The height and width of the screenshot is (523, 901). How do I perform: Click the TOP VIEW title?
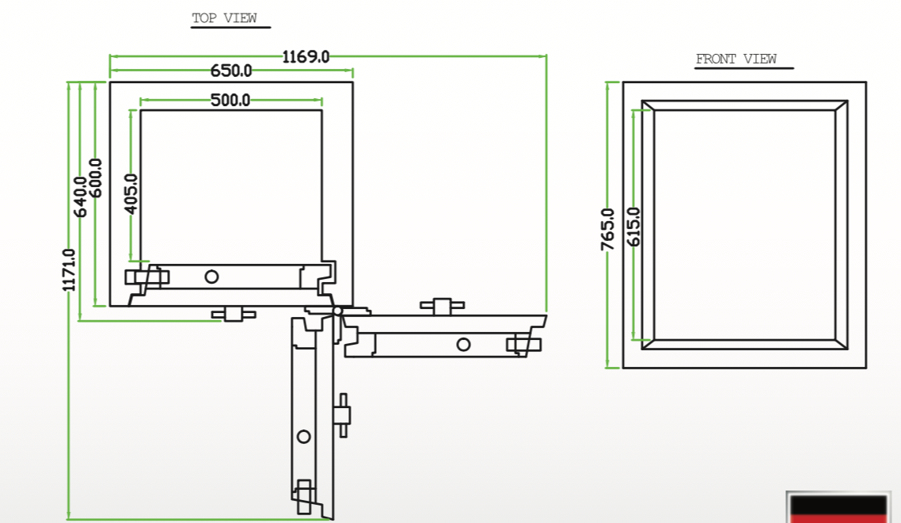pos(224,18)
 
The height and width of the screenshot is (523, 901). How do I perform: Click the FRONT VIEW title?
pos(736,59)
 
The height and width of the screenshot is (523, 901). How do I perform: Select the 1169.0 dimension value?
pos(306,56)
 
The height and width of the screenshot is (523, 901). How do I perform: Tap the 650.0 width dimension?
pos(231,71)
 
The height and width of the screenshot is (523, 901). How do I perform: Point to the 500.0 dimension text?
pos(230,100)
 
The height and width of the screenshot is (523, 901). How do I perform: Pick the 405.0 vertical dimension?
pos(131,193)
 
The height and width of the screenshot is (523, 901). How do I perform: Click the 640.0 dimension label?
pos(81,195)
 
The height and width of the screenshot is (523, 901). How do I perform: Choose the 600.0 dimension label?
pos(96,178)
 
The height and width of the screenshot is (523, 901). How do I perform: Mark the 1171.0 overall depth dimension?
pos(70,269)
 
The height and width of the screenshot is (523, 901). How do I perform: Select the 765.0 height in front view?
pos(608,229)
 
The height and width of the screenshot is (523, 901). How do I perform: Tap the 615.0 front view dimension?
pos(633,226)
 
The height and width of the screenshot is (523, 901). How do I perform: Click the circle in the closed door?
pos(211,276)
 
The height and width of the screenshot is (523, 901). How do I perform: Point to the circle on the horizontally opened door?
pos(463,344)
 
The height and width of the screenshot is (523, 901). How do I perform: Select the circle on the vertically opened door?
pos(303,437)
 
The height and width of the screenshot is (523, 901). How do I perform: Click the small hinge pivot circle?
pos(337,310)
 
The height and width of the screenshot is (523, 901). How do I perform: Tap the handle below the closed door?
pos(233,315)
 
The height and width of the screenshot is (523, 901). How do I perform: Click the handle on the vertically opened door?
pos(343,414)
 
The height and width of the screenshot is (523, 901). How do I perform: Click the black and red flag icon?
pos(838,508)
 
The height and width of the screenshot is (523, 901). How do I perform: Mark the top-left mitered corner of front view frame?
pos(648,105)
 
